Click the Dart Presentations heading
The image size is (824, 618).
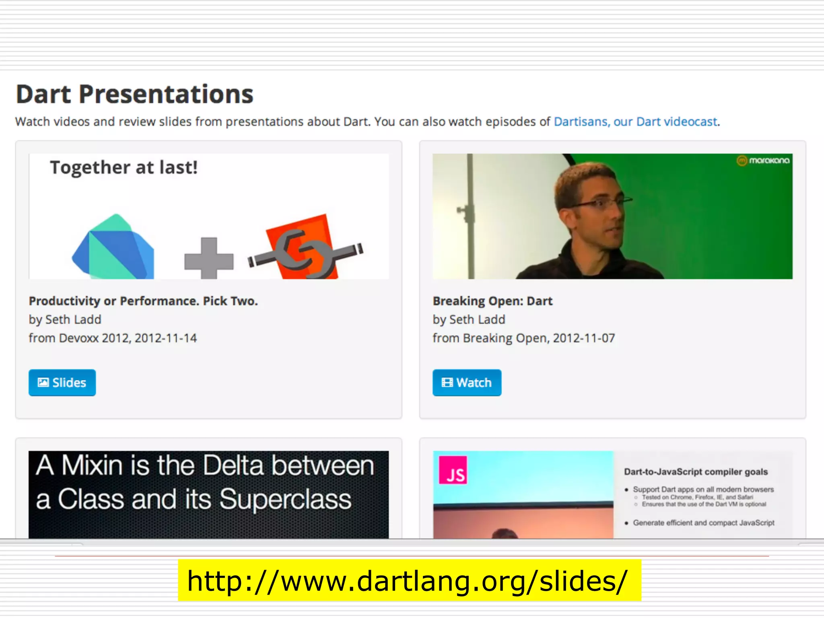[x=135, y=95]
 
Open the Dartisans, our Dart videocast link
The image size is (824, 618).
[x=636, y=122]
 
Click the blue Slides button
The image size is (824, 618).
[x=62, y=382]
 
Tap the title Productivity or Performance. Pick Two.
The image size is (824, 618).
[x=143, y=301]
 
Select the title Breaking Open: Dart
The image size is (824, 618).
[x=492, y=301]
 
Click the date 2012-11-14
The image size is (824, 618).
[x=165, y=338]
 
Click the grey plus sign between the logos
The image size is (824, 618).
[x=209, y=258]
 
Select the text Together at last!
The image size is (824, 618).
[x=124, y=167]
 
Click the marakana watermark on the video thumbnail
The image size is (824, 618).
[x=763, y=161]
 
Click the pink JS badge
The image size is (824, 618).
[x=453, y=470]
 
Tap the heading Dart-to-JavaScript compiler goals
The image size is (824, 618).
[x=696, y=472]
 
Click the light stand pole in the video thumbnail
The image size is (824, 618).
[x=470, y=217]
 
